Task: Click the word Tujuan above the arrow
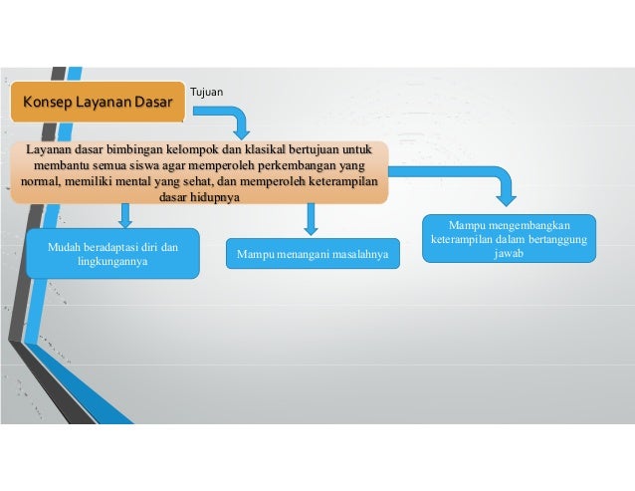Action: pos(206,93)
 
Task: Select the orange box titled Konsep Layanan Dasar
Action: pos(98,102)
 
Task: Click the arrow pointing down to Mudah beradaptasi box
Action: pos(124,214)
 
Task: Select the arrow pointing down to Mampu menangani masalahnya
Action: pos(311,217)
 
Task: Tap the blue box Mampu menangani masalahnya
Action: pos(312,255)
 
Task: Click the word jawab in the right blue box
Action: pos(509,254)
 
